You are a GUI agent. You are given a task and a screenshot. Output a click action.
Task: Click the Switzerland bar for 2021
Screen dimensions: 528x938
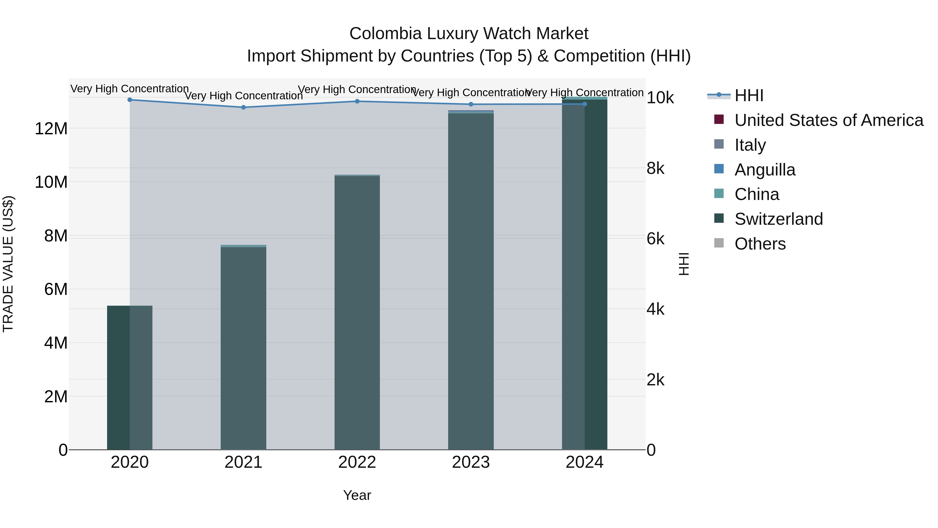pyautogui.click(x=243, y=348)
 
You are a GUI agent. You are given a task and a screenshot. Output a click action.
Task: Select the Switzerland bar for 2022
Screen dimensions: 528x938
pyautogui.click(x=357, y=313)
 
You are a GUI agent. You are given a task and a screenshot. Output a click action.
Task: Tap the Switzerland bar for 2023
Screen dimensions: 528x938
pyautogui.click(x=471, y=281)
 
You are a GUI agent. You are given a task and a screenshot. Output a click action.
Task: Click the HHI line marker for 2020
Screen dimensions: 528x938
pyautogui.click(x=130, y=100)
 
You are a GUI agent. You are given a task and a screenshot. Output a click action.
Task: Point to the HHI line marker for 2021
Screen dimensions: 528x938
pyautogui.click(x=243, y=107)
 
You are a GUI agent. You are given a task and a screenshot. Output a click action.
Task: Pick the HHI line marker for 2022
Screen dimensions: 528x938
pyautogui.click(x=357, y=101)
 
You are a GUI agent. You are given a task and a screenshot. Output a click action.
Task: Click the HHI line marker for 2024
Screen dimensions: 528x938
pyautogui.click(x=584, y=104)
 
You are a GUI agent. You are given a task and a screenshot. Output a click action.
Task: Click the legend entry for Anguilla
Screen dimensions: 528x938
pyautogui.click(x=765, y=170)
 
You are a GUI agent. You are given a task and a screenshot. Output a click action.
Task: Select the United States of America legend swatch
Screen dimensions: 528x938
pyautogui.click(x=719, y=119)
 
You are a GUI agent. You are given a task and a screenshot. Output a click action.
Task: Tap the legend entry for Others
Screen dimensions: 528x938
pyautogui.click(x=760, y=244)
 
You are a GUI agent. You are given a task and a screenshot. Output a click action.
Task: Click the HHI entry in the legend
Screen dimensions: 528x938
pyautogui.click(x=749, y=95)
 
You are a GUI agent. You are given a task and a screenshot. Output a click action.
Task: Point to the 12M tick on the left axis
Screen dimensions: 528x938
pyautogui.click(x=51, y=129)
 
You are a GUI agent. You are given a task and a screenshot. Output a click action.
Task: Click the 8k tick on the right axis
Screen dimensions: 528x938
pyautogui.click(x=656, y=168)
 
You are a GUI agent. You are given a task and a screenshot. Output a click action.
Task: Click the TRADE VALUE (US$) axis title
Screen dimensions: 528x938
pyautogui.click(x=8, y=264)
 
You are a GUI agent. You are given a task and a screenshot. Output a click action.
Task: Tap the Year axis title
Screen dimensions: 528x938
pyautogui.click(x=357, y=495)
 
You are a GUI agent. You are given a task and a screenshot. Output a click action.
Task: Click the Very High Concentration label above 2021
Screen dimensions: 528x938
pyautogui.click(x=243, y=96)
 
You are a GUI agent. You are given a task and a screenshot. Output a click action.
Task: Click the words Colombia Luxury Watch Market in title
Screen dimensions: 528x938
pyautogui.click(x=469, y=34)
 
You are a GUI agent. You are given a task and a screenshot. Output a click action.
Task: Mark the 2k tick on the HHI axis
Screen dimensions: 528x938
pyautogui.click(x=656, y=380)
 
